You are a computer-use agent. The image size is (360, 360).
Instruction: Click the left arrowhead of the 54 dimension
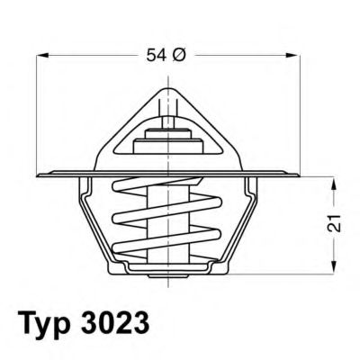41,57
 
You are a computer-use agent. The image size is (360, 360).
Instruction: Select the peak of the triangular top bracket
167,88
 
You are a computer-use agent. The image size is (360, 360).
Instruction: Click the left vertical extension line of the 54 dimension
38,108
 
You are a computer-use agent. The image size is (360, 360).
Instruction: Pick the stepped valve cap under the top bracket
167,144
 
